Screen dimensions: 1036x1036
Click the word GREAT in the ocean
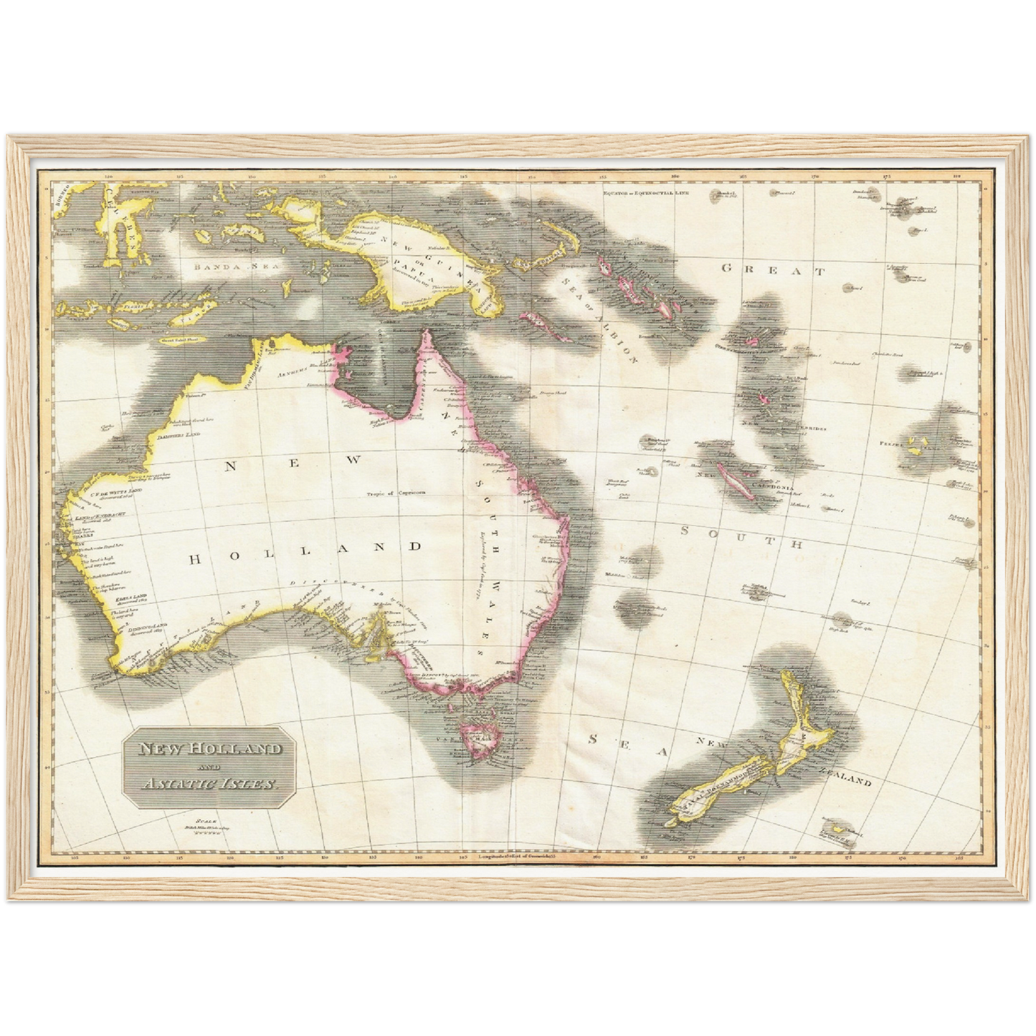point(773,270)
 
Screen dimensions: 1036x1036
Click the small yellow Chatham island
point(837,830)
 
